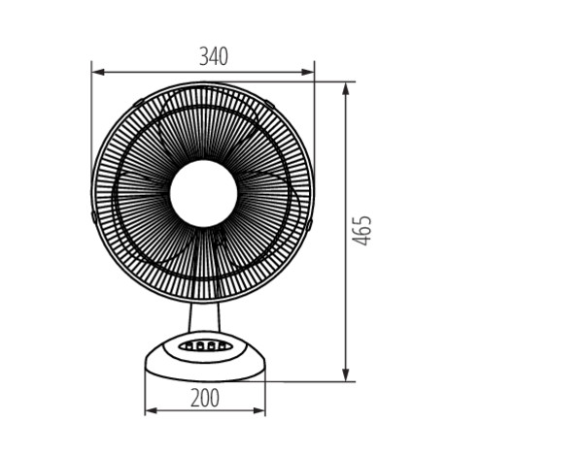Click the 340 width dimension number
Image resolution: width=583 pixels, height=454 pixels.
(x=214, y=57)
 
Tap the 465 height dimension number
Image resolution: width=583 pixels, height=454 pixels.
(x=361, y=230)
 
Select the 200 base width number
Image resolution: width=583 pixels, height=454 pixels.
(x=205, y=398)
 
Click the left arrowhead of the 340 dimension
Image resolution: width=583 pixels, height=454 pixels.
(x=98, y=72)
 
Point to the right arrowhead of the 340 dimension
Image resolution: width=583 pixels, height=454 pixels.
(x=308, y=72)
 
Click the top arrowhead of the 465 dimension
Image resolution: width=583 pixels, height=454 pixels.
(x=346, y=88)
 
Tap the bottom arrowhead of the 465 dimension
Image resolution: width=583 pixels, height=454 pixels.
(x=346, y=374)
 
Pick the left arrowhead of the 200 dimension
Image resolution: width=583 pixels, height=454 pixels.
(x=151, y=410)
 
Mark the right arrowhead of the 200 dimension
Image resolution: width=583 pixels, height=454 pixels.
(x=258, y=410)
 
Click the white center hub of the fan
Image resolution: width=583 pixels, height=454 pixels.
(x=203, y=193)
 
